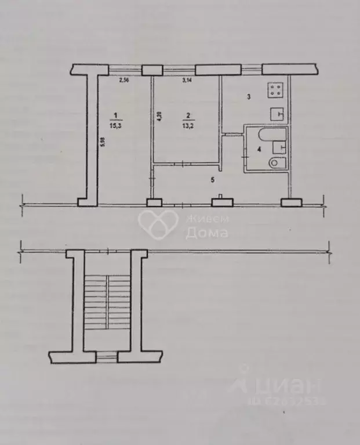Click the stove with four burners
pyautogui.click(x=275, y=91)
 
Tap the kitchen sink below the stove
pyautogui.click(x=277, y=114)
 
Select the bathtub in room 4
pyautogui.click(x=271, y=136)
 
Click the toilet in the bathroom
pyautogui.click(x=275, y=164)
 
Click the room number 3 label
pyautogui.click(x=248, y=97)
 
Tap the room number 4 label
pyautogui.click(x=259, y=149)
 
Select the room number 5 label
pyautogui.click(x=216, y=179)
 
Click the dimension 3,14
pyautogui.click(x=187, y=80)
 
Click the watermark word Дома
pyautogui.click(x=206, y=233)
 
